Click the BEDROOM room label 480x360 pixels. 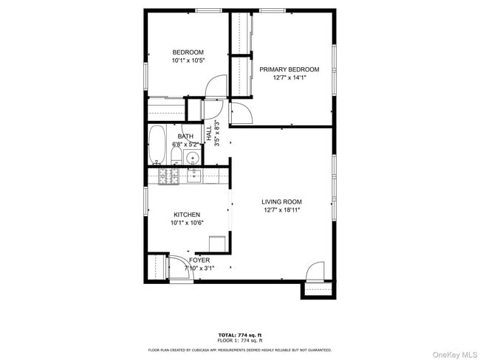pyautogui.click(x=188, y=52)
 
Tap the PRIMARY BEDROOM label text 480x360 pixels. pyautogui.click(x=289, y=69)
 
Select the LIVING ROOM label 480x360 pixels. pyautogui.click(x=281, y=201)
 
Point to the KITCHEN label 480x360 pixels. pyautogui.click(x=187, y=215)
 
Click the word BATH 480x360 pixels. pyautogui.click(x=185, y=136)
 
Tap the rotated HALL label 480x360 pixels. pyautogui.click(x=209, y=134)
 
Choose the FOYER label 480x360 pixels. pyautogui.click(x=199, y=260)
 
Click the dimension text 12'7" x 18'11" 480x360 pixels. pyautogui.click(x=281, y=210)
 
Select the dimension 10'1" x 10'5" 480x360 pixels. pyautogui.click(x=188, y=60)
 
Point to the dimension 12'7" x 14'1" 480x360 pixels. pyautogui.click(x=289, y=77)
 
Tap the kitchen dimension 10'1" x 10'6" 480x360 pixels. pyautogui.click(x=187, y=223)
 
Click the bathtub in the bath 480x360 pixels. pyautogui.click(x=157, y=145)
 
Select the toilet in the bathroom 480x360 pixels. pyautogui.click(x=176, y=155)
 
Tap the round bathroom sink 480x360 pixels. pyautogui.click(x=193, y=158)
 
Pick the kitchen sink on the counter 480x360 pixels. pyautogui.click(x=194, y=176)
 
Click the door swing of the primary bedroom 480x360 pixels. pyautogui.click(x=241, y=113)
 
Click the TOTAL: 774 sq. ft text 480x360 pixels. pyautogui.click(x=240, y=335)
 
